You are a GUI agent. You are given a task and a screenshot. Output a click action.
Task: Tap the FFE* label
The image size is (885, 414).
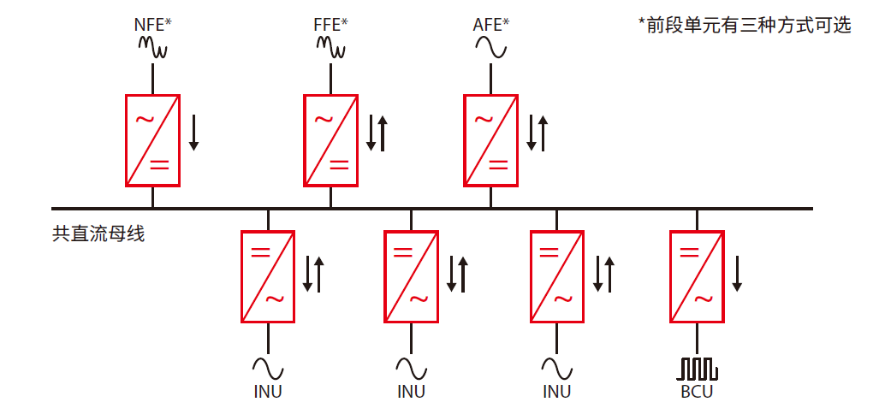(330, 24)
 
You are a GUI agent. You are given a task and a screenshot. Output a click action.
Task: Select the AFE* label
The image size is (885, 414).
(490, 24)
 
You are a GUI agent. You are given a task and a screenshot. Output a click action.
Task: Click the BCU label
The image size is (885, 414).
(697, 392)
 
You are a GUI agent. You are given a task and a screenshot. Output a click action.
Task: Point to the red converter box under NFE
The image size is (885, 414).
(153, 140)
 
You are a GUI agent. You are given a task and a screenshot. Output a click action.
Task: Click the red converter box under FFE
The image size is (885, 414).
(330, 140)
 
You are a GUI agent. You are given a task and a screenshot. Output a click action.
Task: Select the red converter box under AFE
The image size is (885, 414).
(490, 140)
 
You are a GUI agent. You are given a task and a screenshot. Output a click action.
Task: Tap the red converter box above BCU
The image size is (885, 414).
(697, 276)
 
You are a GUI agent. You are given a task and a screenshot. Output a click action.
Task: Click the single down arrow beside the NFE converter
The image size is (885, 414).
(193, 133)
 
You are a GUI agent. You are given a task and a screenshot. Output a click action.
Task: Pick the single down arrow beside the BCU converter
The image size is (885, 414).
(737, 274)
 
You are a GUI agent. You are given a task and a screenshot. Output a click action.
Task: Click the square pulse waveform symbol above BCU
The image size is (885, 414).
(698, 369)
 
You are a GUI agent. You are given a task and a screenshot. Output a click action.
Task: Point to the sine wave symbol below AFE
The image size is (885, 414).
(490, 50)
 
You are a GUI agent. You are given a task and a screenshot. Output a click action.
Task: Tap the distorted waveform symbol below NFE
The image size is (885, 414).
(153, 49)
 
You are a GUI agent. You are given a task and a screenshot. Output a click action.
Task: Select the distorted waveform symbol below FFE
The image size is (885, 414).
(330, 49)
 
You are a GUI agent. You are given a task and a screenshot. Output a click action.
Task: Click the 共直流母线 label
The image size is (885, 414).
(98, 233)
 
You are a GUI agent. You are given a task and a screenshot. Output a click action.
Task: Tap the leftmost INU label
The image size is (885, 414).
(268, 392)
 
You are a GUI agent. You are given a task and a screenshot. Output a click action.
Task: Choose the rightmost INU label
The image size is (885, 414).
(557, 392)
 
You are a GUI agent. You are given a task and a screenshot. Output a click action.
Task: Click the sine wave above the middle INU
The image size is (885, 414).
(411, 369)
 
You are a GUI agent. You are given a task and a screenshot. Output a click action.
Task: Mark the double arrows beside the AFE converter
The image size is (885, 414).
(537, 133)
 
